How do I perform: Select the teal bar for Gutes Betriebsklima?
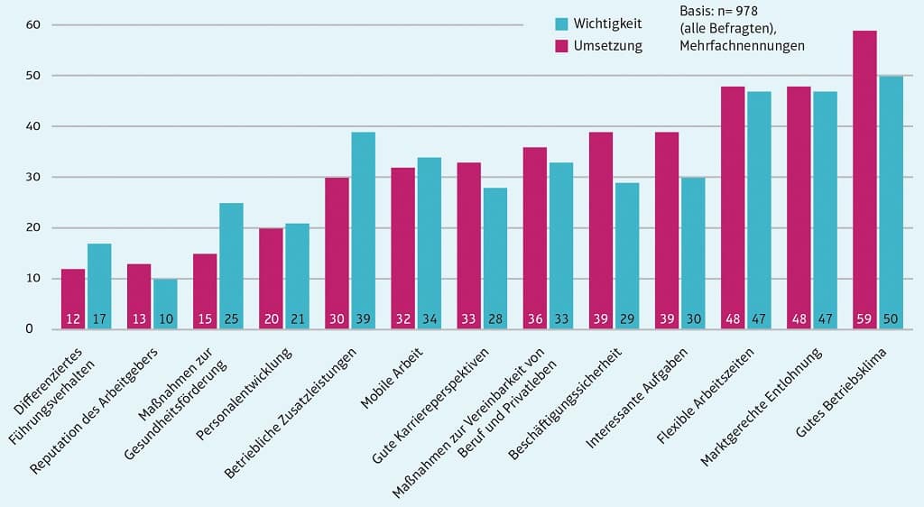(891, 203)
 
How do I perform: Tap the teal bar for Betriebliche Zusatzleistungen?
(364, 230)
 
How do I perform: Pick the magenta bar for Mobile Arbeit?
(403, 248)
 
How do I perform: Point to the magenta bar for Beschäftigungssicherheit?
(601, 230)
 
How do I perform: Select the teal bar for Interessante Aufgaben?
(693, 253)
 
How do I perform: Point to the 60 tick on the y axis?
(32, 24)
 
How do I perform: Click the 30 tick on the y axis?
(32, 178)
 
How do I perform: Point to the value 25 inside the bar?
(231, 318)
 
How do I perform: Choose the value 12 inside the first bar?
(73, 318)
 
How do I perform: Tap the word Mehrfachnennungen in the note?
(742, 44)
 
